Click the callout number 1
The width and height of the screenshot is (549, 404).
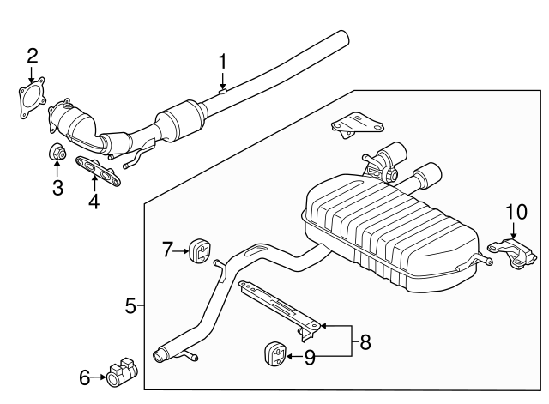pyautogui.click(x=222, y=62)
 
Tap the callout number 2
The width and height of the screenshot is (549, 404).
pyautogui.click(x=33, y=57)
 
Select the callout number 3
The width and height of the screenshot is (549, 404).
pyautogui.click(x=57, y=188)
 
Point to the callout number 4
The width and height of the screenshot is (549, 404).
pyautogui.click(x=94, y=202)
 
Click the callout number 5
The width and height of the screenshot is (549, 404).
pyautogui.click(x=130, y=305)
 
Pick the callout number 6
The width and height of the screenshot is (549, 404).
pyautogui.click(x=84, y=376)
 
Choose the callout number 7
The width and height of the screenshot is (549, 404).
pyautogui.click(x=168, y=250)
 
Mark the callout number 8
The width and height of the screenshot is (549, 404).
pyautogui.click(x=365, y=342)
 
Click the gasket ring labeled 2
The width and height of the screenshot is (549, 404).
pyautogui.click(x=32, y=96)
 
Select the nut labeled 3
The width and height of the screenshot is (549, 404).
pyautogui.click(x=57, y=154)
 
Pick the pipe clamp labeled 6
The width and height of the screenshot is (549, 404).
pyautogui.click(x=120, y=371)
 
